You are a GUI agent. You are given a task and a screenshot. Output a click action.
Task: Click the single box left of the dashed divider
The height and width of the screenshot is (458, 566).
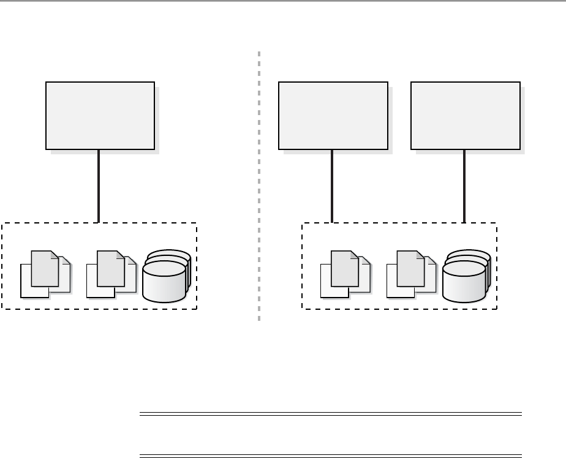point(100,115)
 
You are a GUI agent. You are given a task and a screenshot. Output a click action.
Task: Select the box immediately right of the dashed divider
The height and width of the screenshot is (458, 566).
point(333,115)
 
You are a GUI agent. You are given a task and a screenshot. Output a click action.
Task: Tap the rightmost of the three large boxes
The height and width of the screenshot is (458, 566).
point(465,115)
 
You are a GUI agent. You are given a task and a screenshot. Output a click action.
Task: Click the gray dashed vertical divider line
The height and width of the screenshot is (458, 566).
point(259,184)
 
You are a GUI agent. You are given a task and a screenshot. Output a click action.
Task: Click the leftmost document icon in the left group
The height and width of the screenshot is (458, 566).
point(43,274)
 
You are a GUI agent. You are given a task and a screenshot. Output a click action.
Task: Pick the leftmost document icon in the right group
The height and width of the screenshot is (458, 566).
point(343,274)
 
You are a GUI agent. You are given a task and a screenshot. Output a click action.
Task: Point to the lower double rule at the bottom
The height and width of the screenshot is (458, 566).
point(331,456)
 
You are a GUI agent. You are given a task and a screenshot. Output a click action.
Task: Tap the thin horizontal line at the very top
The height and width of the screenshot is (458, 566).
point(283,1)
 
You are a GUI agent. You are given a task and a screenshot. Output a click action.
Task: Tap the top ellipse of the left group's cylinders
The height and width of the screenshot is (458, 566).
point(164,267)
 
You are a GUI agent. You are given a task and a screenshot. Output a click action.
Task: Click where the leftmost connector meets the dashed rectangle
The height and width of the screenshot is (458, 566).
point(99,223)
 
